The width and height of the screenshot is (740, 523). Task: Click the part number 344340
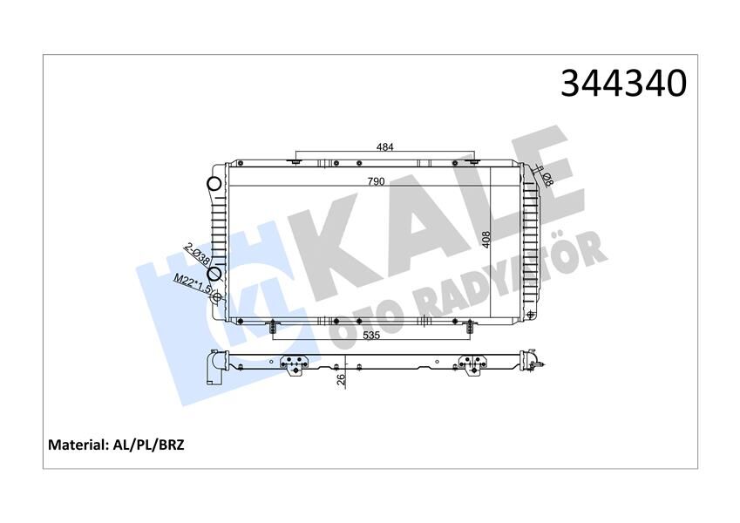(623, 84)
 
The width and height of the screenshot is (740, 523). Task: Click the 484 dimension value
(384, 147)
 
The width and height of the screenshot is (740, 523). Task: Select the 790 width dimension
(376, 182)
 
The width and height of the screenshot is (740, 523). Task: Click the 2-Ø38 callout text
(195, 256)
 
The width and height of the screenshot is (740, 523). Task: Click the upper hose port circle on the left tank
(214, 185)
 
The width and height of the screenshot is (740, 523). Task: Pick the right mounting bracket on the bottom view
(472, 364)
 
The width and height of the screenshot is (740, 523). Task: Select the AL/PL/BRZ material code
(149, 444)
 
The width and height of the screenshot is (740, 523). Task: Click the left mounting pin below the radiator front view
(273, 327)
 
